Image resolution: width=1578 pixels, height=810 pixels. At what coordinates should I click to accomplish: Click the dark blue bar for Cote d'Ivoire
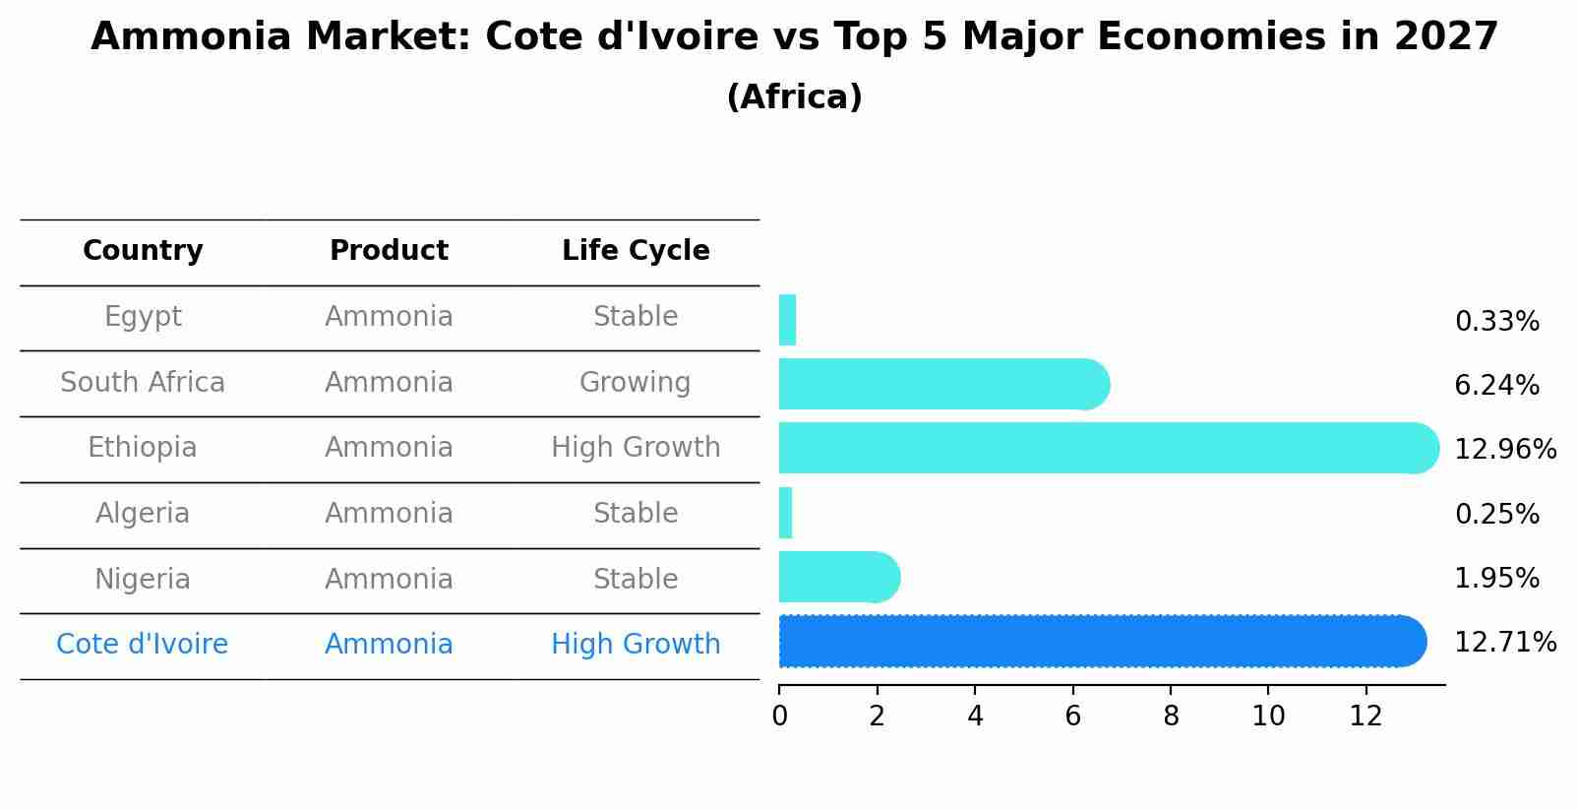(1102, 642)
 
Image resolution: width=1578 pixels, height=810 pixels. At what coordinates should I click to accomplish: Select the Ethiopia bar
(1108, 448)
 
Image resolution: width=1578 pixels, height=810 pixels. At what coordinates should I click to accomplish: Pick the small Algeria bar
(785, 513)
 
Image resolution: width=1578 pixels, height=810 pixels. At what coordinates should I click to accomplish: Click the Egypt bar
(787, 320)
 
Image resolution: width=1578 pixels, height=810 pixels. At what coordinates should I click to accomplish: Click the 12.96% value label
(1504, 450)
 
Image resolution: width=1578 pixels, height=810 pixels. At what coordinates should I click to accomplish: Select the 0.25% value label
(1495, 514)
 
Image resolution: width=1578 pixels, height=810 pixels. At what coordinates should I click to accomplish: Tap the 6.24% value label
(1495, 386)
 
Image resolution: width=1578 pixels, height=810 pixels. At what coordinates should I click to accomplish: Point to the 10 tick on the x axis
(1268, 717)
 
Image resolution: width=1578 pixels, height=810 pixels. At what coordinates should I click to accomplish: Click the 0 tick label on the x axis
(779, 717)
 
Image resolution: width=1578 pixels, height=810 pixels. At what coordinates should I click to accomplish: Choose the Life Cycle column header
(636, 251)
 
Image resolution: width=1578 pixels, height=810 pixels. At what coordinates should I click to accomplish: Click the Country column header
(143, 251)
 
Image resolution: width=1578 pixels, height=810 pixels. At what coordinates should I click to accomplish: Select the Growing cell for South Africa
(635, 382)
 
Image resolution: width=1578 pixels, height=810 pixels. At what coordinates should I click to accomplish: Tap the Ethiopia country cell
(143, 448)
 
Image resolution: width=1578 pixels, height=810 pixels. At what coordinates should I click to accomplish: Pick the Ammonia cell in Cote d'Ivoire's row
(389, 645)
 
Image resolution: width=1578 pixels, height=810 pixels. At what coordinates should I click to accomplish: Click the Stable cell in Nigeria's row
(635, 579)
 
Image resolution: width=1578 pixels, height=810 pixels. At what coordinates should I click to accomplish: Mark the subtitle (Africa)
(794, 97)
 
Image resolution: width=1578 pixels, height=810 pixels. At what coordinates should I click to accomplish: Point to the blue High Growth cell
(636, 645)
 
